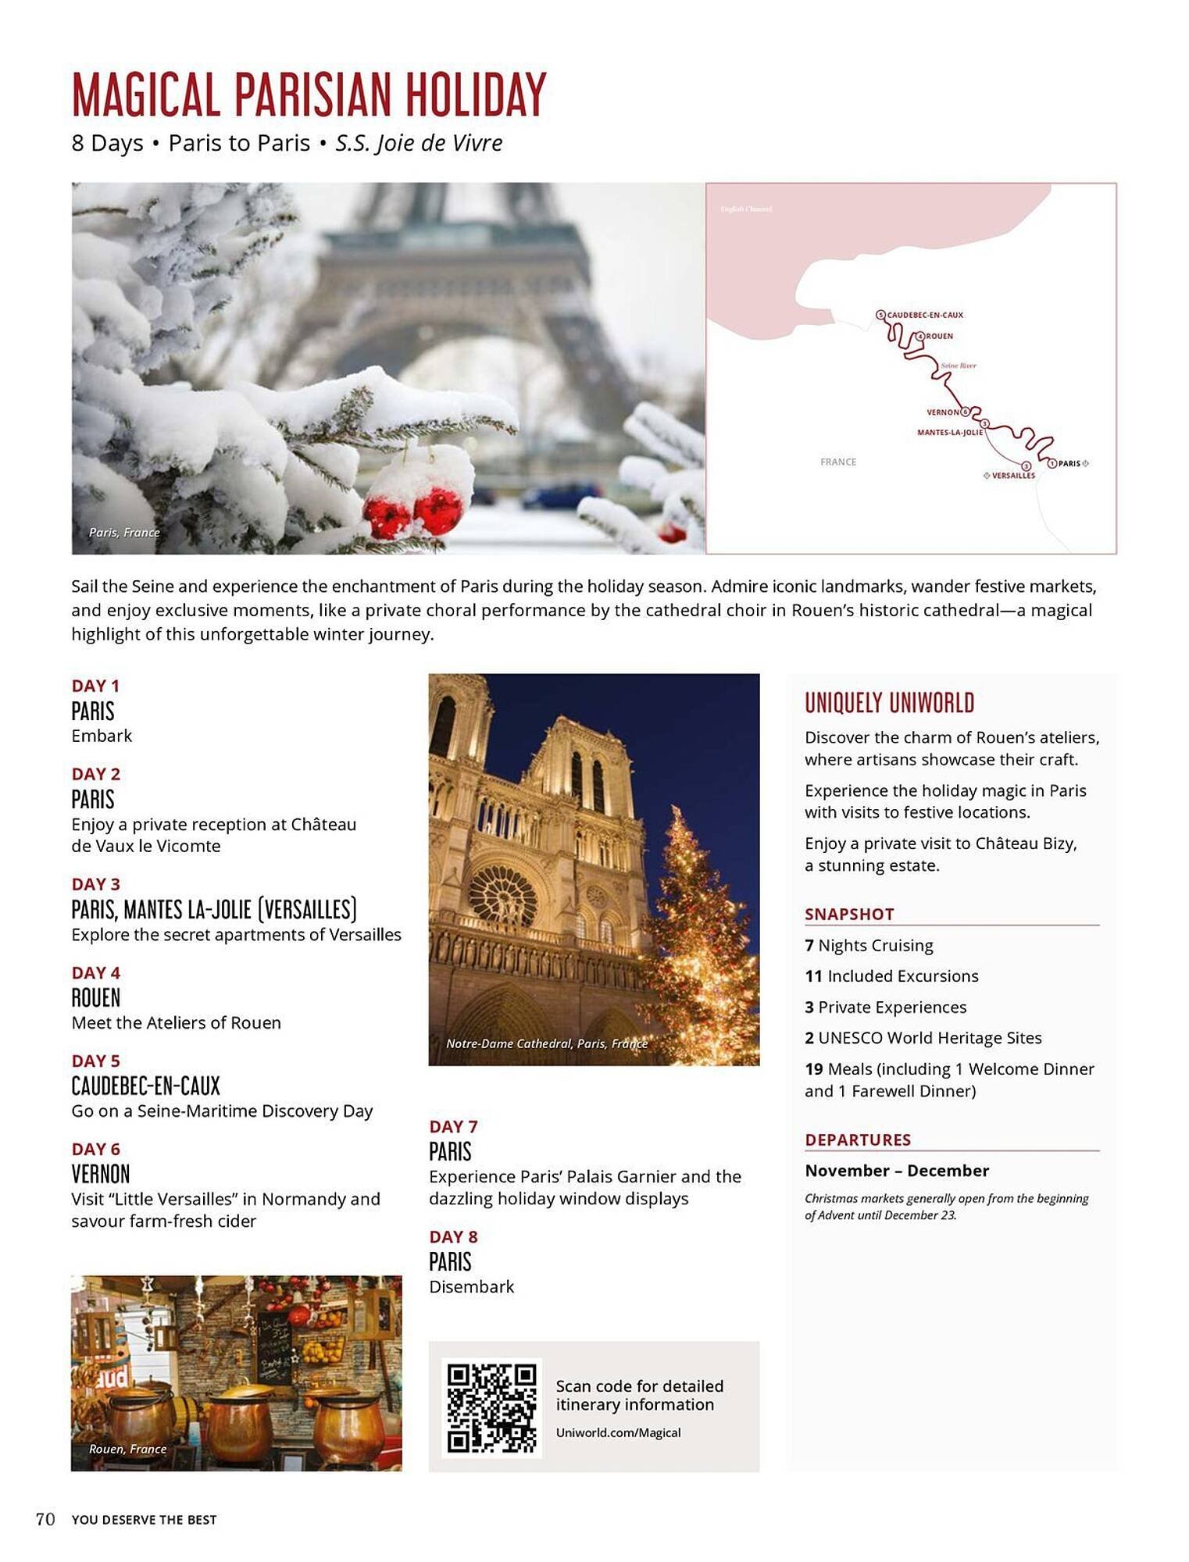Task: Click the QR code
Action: [491, 1407]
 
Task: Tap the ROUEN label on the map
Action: [939, 336]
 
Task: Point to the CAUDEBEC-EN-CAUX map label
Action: [925, 315]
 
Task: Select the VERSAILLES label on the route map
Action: [1013, 476]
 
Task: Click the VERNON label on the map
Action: [942, 412]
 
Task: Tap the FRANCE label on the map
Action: [838, 462]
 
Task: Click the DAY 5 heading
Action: [95, 1061]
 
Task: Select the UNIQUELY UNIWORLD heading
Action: [889, 703]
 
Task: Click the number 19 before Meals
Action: [813, 1068]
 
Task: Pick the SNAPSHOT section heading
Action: [849, 914]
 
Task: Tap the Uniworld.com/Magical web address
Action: [618, 1432]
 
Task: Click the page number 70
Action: [45, 1519]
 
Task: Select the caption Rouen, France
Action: [127, 1449]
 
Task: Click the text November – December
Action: [897, 1170]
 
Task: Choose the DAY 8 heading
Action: [453, 1236]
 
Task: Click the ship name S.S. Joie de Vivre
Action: [419, 143]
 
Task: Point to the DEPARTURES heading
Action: [858, 1139]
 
